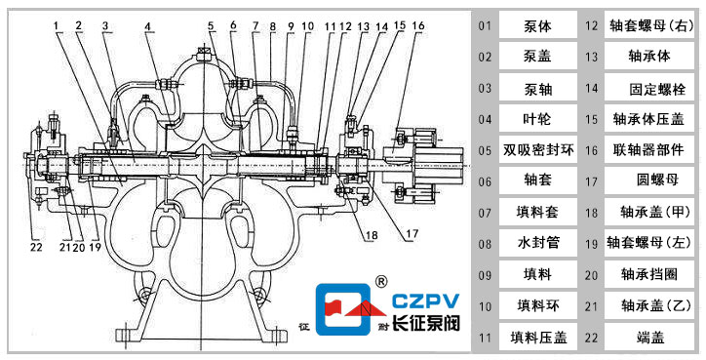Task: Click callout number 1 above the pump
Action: tap(56, 26)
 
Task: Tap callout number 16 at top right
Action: tap(418, 25)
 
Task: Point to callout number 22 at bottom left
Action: tap(36, 247)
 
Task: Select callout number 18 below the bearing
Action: tap(372, 236)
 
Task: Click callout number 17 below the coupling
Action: tap(412, 234)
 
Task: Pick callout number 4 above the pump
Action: tap(148, 26)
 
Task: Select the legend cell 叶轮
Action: tap(538, 118)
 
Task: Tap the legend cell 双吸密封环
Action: tap(538, 149)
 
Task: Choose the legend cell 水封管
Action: tap(538, 243)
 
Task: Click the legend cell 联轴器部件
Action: tap(648, 149)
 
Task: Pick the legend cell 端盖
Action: tap(648, 337)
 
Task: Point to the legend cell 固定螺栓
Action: tap(648, 88)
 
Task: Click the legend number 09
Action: tap(485, 275)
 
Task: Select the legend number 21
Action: tap(591, 306)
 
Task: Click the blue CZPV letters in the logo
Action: tap(425, 300)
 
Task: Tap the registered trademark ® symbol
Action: tap(381, 282)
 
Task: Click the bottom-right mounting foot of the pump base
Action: tap(275, 336)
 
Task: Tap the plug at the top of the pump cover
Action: tap(204, 56)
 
